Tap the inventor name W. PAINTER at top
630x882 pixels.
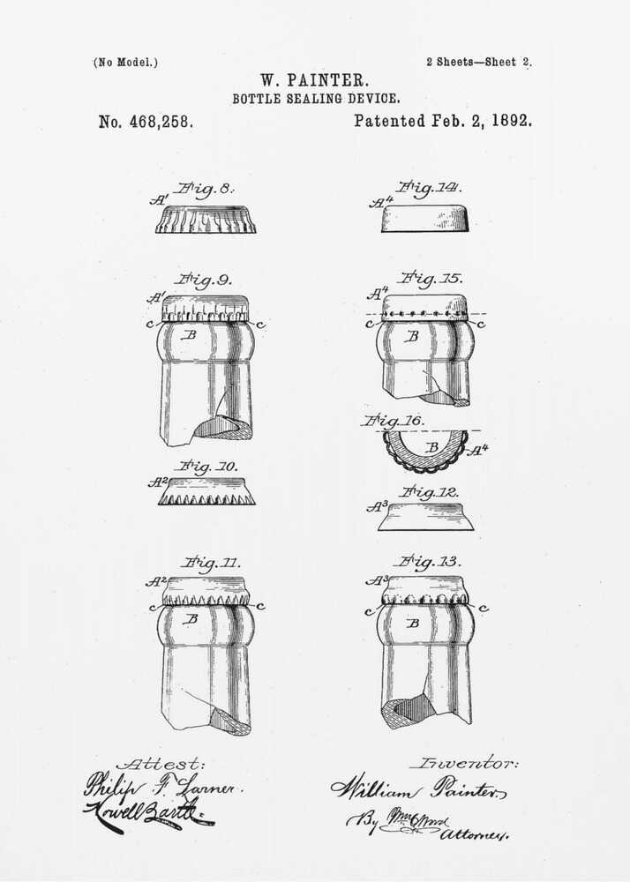316,82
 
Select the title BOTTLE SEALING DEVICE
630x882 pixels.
316,100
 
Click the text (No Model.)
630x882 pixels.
125,63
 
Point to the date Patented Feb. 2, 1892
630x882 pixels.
443,121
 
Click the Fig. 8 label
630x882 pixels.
205,189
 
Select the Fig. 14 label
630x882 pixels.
429,187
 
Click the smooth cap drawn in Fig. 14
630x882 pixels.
424,219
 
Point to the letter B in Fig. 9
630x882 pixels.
188,335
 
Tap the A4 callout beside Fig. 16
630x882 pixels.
477,451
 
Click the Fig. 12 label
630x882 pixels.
429,491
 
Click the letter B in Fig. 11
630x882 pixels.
190,619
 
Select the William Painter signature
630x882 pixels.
418,789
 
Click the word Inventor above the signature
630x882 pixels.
464,763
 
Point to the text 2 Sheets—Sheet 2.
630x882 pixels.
478,63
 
